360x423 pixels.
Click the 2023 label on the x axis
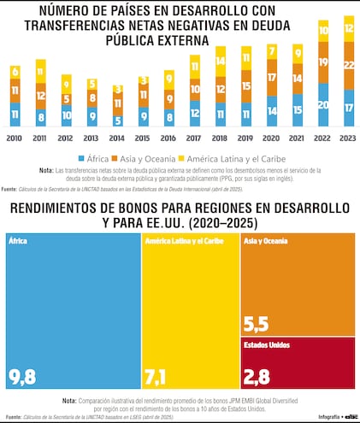click(x=347, y=136)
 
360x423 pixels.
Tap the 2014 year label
click(x=118, y=136)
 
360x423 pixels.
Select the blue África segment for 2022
click(x=322, y=104)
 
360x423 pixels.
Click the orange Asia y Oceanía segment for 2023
click(x=347, y=66)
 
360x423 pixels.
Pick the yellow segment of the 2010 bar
click(x=15, y=71)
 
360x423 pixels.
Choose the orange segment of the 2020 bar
click(x=271, y=78)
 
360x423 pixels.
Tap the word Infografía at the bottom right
click(x=303, y=416)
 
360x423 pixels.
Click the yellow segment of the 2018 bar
click(x=221, y=60)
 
